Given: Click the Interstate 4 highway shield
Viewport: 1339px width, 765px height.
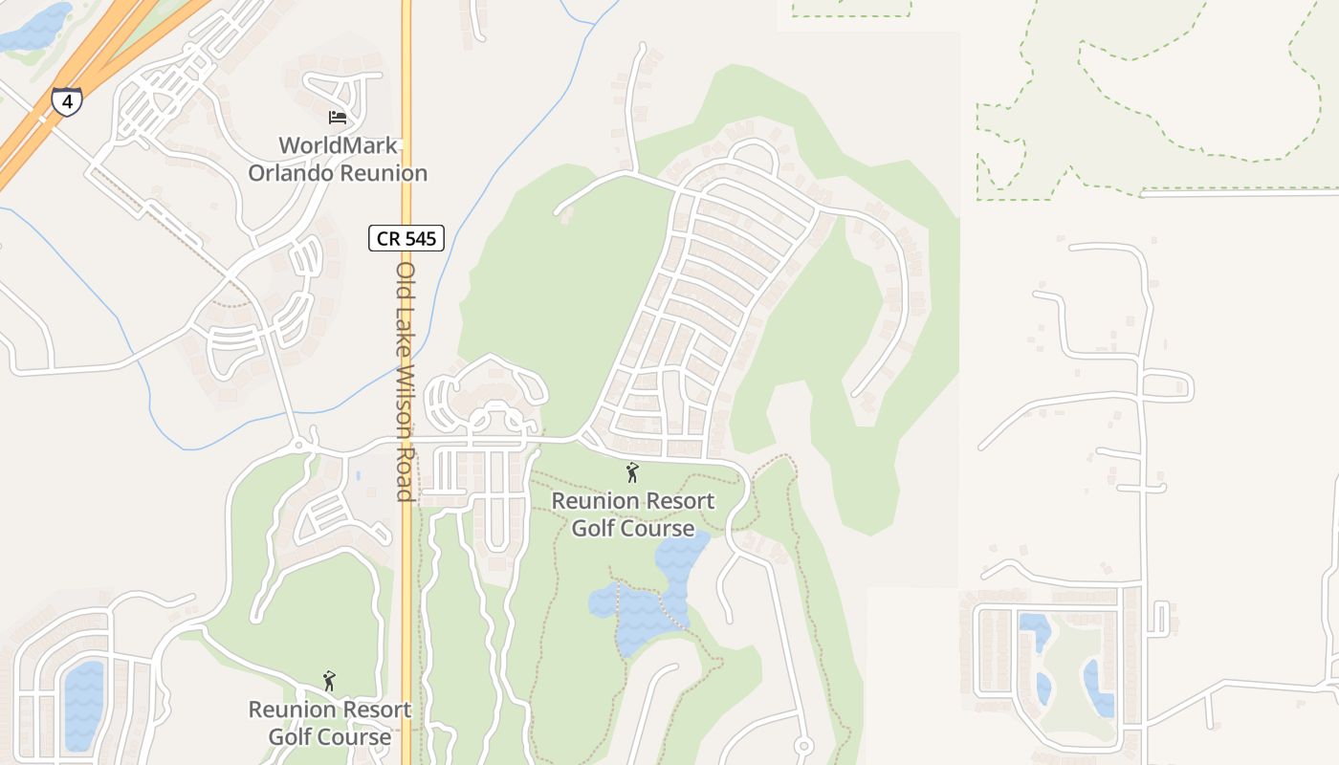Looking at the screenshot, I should pos(67,100).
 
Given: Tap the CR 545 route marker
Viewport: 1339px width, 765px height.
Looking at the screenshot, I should pos(406,238).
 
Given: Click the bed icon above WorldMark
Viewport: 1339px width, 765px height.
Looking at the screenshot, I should pos(337,118).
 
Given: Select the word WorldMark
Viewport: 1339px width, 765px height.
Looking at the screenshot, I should pos(338,146).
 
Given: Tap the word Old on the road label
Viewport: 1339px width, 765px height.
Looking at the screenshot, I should pos(405,279).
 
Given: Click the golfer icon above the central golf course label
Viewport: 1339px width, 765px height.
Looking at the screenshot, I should pos(631,472).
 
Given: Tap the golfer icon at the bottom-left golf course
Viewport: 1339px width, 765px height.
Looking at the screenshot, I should pos(329,681).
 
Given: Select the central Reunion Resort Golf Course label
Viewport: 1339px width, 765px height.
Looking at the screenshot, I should pos(633,514).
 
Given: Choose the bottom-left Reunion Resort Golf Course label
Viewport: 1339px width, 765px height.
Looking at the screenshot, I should pos(329,723).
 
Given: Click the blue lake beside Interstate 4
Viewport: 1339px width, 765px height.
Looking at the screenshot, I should pos(36,28).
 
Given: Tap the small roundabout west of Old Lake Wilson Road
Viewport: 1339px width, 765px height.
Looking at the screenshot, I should pos(299,445).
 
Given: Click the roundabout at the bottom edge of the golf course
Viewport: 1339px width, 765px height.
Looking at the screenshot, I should pos(803,746).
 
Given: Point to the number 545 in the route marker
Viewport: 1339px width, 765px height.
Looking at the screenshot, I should pos(422,238).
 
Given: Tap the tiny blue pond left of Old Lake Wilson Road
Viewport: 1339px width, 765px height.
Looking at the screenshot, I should pos(357,474).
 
